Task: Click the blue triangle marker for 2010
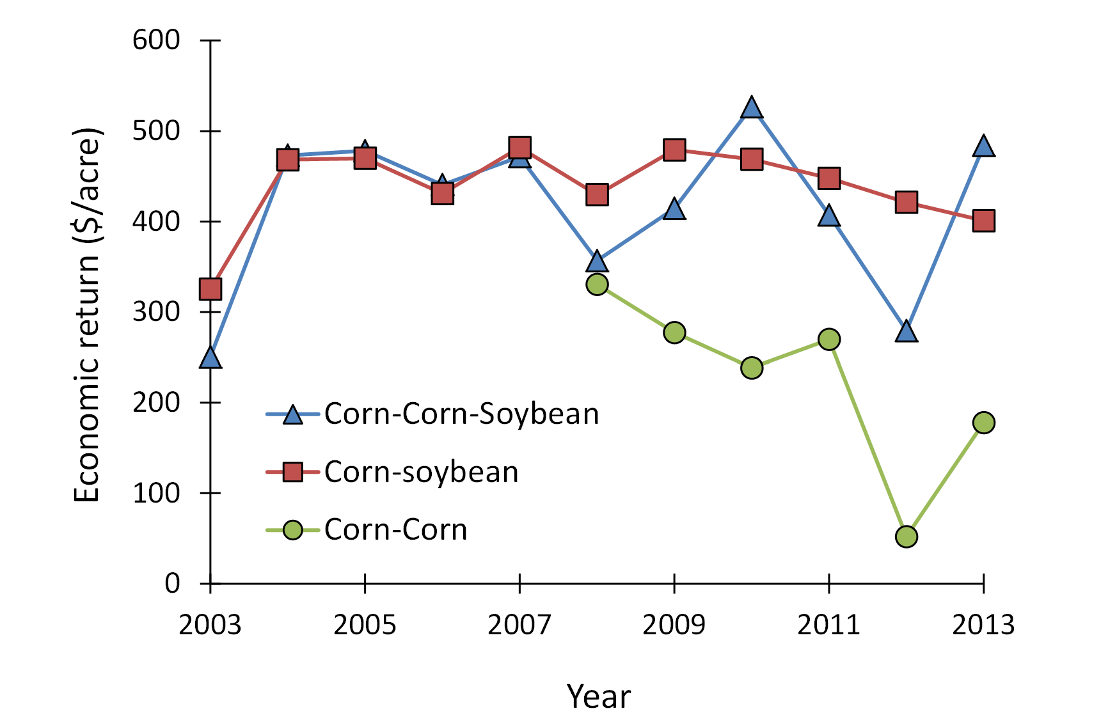tap(752, 109)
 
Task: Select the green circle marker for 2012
tap(907, 536)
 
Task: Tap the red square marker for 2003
tap(210, 289)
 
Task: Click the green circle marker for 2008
tap(597, 284)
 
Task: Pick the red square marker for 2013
tap(983, 221)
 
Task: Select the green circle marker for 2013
tap(983, 423)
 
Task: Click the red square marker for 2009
tap(674, 150)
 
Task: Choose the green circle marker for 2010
tap(752, 368)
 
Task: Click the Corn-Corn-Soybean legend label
tap(461, 414)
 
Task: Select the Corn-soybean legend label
tap(421, 473)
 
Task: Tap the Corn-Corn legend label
tap(395, 530)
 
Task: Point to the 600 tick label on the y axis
tap(156, 40)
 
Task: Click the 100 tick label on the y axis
tap(156, 493)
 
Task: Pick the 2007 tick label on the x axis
tap(519, 625)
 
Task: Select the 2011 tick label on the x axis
tap(828, 625)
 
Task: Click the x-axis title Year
tap(598, 696)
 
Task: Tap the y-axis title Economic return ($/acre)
tap(88, 315)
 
